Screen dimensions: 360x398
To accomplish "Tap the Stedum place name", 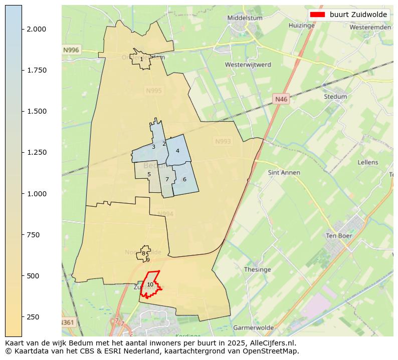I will (335, 97).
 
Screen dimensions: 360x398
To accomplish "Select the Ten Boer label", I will (339, 236).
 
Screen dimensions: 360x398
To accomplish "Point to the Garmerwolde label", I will (254, 328).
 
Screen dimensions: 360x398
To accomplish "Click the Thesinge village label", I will (257, 270).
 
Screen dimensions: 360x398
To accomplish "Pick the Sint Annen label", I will (284, 173).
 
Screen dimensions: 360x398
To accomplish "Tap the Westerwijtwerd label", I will (248, 65).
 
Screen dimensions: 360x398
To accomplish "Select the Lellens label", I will (368, 162).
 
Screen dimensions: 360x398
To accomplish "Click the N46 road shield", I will (281, 100).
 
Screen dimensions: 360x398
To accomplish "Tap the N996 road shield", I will (71, 50).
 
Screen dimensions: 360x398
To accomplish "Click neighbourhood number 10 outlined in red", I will (150, 284).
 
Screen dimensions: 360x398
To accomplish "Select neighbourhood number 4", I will (177, 151).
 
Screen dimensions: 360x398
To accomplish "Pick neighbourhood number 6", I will (184, 179).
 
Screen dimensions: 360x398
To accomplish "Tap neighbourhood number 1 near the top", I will (141, 59).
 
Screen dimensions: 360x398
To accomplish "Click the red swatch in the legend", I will (317, 15).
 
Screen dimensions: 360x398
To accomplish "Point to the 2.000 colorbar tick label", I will (36, 29).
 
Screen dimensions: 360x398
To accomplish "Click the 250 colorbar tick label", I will (33, 317).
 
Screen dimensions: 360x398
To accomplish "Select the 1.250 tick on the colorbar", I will (36, 152).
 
